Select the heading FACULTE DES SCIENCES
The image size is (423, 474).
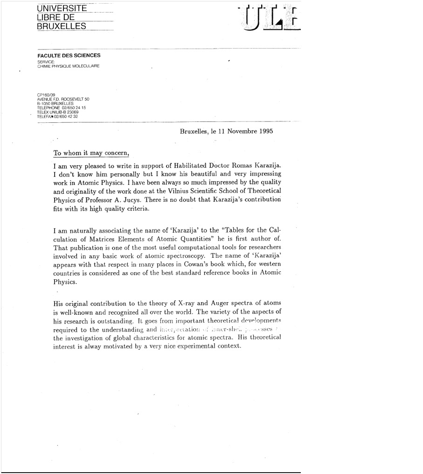pyautogui.click(x=69, y=56)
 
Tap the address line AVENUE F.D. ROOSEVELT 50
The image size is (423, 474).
pyautogui.click(x=63, y=99)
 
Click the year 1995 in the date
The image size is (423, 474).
pyautogui.click(x=264, y=132)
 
